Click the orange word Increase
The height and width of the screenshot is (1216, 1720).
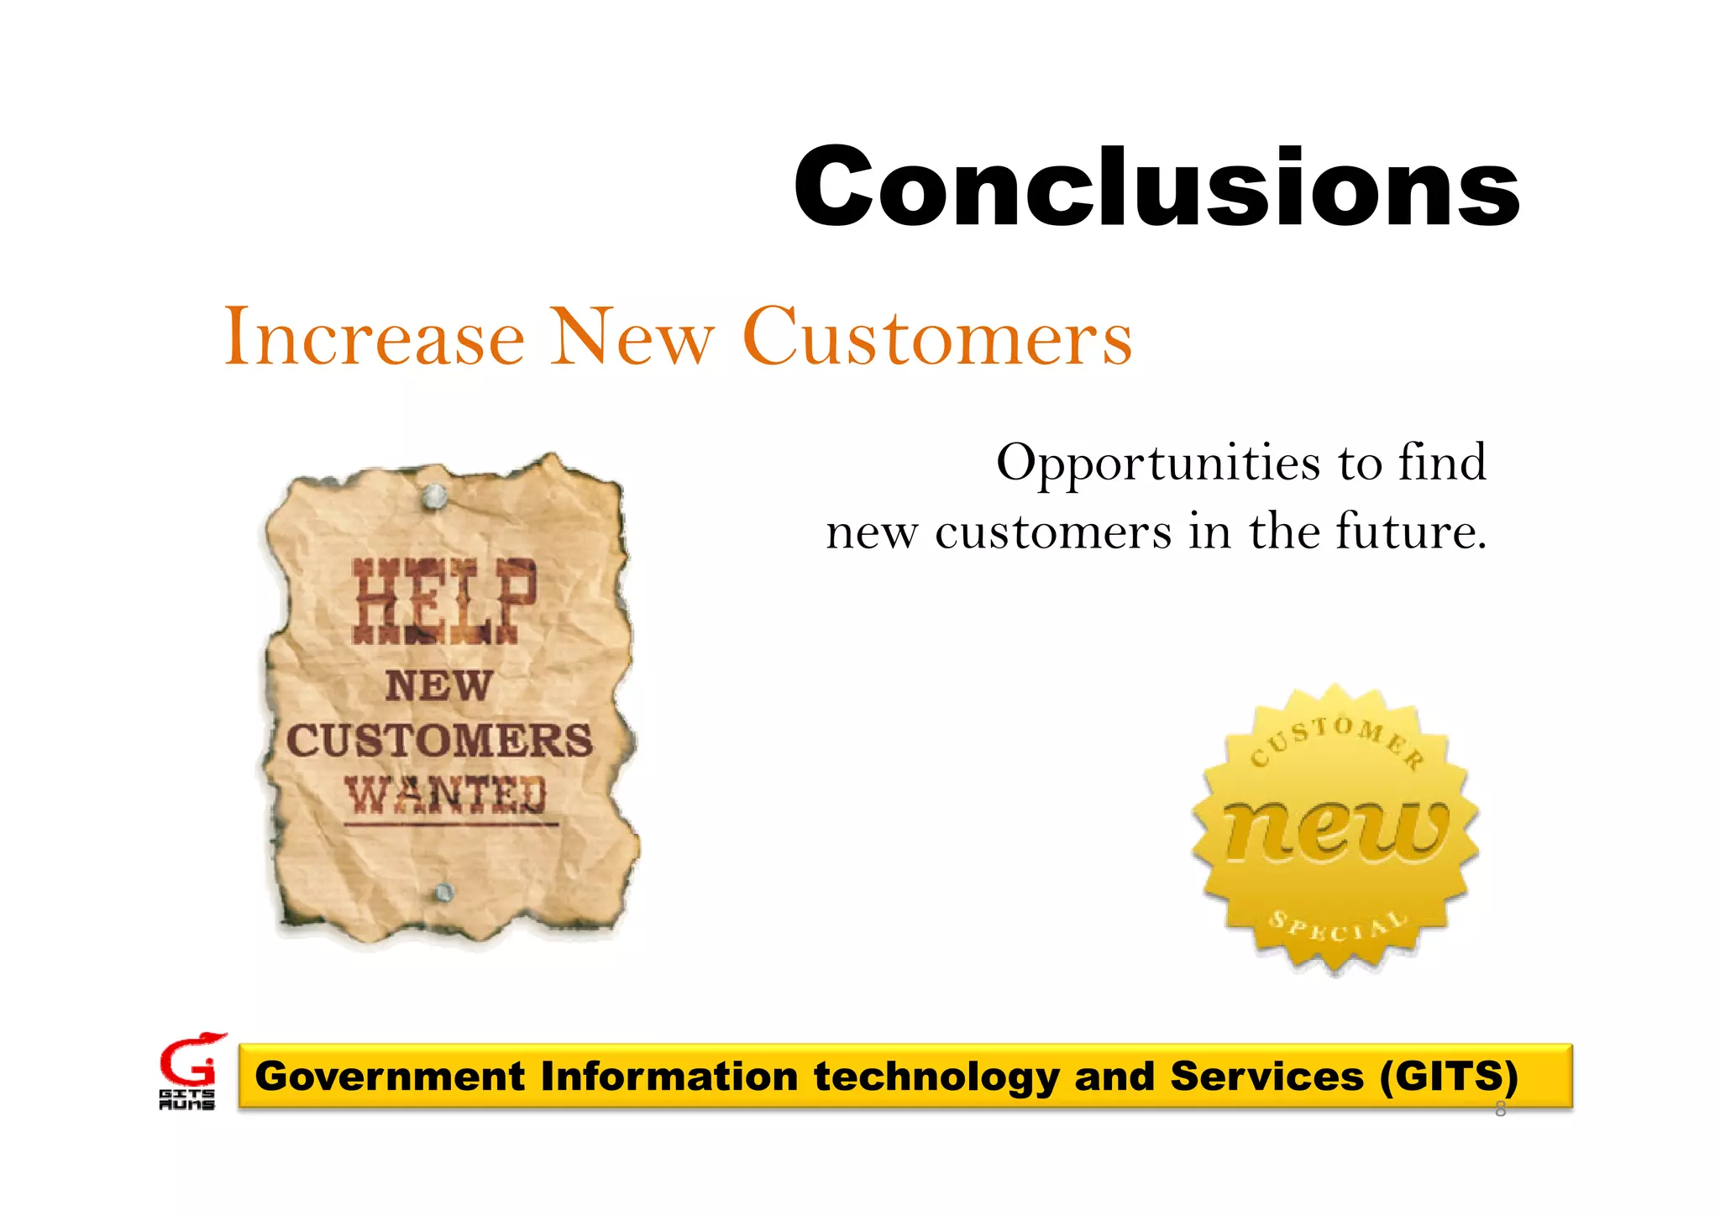pos(374,338)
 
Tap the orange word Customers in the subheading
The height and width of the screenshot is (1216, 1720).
pos(937,338)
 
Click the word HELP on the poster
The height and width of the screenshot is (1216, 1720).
pos(443,601)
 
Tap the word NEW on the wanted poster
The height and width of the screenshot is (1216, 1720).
pos(438,686)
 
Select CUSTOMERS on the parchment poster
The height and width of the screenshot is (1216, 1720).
pos(439,741)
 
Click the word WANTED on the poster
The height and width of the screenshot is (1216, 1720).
pos(446,794)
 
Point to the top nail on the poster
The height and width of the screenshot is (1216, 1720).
pos(434,496)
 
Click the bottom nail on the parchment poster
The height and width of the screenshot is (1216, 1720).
pos(444,893)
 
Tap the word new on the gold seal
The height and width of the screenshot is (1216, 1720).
pos(1335,831)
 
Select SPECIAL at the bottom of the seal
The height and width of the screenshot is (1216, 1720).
pos(1337,926)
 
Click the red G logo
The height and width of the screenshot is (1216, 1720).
pos(190,1061)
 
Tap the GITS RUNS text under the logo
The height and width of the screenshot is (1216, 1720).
pos(186,1100)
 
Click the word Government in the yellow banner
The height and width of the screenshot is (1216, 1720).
pos(390,1077)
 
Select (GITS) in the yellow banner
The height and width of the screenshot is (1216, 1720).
pos(1448,1077)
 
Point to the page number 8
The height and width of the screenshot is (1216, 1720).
pos(1500,1110)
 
